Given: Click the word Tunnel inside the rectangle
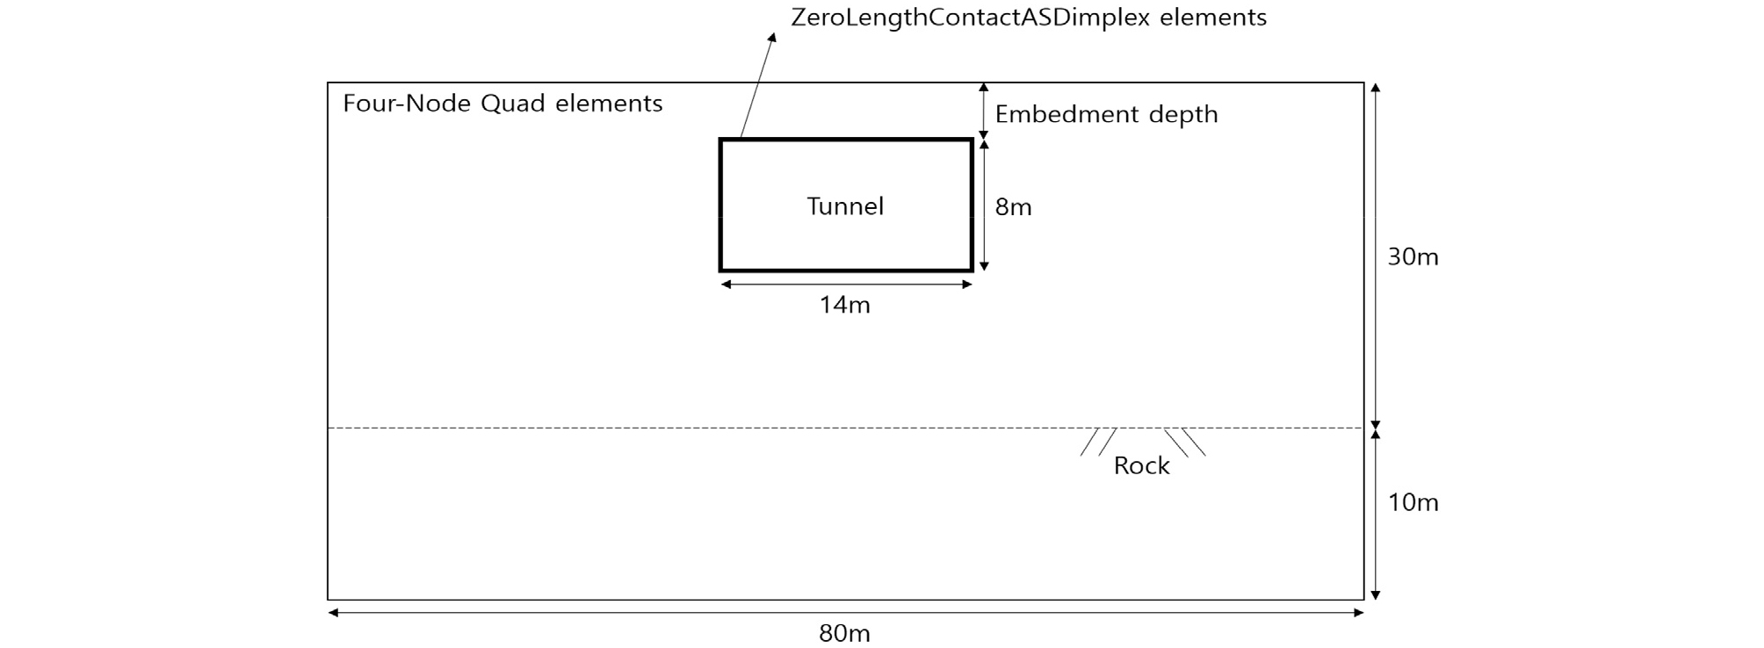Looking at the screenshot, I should [845, 206].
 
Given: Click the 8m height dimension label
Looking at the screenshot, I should [1013, 207].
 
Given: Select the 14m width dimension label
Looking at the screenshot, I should [844, 305].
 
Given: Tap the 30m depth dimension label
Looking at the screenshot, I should [1413, 257].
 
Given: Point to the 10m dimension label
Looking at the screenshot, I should [1413, 502].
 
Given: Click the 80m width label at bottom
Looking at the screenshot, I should [844, 633].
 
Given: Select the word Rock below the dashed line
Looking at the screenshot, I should [1141, 465].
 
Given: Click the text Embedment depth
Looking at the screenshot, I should [1106, 114].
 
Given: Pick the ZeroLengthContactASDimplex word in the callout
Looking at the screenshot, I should [971, 18].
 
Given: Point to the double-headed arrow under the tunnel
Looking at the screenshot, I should [846, 284].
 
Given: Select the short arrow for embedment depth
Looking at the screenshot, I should [984, 110].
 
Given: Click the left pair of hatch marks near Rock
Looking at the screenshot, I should [1098, 442].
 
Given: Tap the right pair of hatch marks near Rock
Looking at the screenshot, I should [1185, 442].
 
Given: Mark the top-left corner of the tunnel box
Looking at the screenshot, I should [720, 140].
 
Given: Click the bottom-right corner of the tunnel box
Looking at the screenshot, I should [972, 270].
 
